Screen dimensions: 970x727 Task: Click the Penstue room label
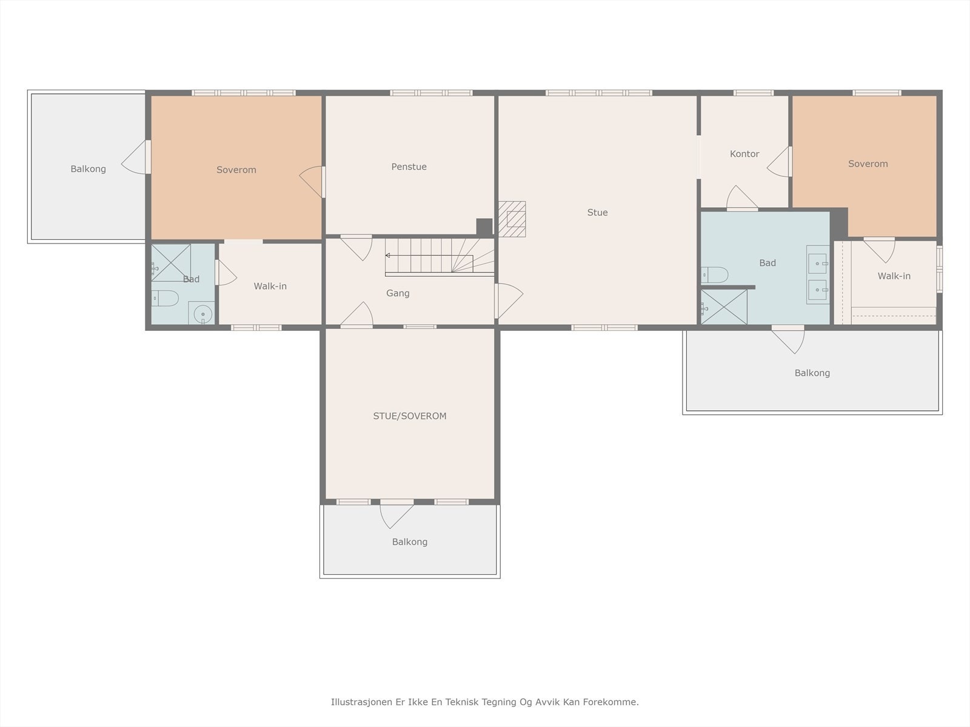point(409,167)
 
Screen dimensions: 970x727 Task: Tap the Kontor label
point(744,154)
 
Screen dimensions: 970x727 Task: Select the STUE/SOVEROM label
point(410,416)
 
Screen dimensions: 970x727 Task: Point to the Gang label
point(398,293)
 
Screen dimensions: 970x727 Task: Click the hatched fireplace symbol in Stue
point(512,219)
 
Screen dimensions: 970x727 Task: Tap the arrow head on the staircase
point(387,256)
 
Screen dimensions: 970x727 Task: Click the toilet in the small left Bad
point(165,299)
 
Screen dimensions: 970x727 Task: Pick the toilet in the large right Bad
point(714,274)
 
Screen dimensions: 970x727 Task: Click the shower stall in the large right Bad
point(724,307)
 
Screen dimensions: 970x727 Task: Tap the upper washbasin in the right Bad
point(818,264)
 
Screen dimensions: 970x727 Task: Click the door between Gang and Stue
point(508,300)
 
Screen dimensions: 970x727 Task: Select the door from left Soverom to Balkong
point(136,157)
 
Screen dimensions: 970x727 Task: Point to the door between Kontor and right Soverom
point(779,162)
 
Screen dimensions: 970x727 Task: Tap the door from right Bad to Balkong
point(788,339)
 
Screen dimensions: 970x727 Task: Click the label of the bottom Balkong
point(410,542)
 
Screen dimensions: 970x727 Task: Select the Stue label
point(598,212)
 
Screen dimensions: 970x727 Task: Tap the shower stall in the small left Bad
point(171,263)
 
